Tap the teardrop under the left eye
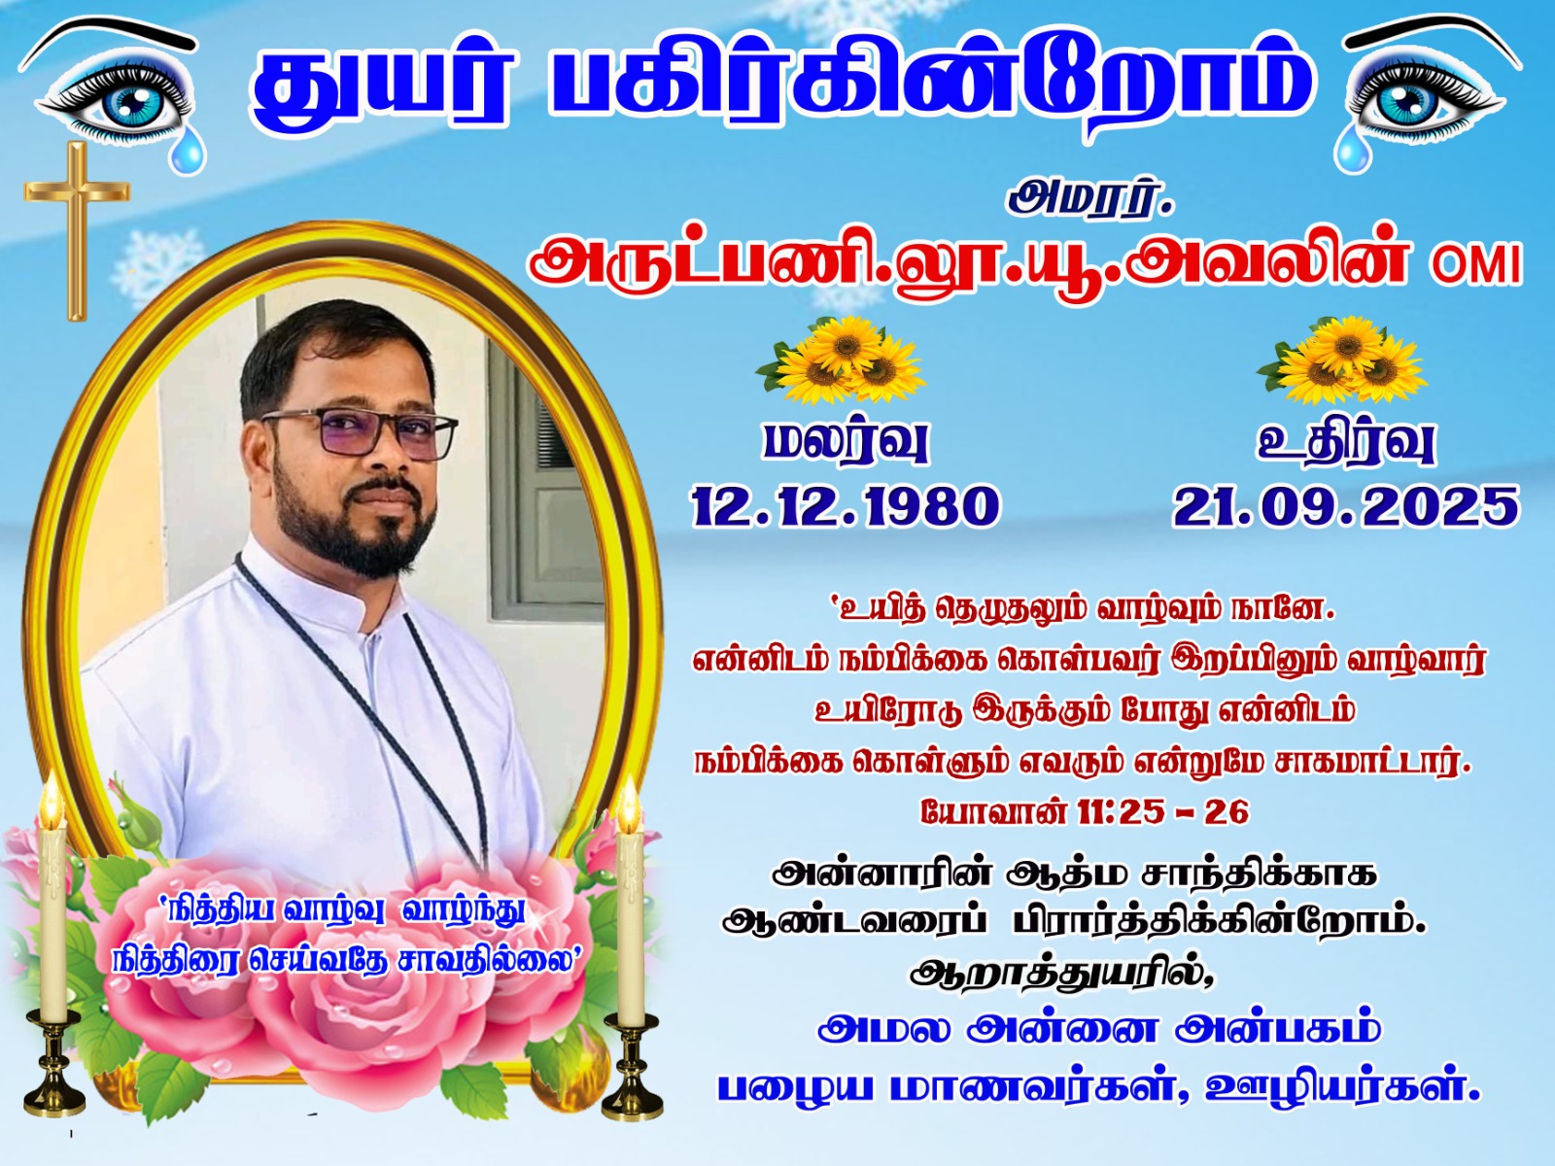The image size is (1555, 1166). point(187,153)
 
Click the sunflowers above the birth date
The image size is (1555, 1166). point(843,360)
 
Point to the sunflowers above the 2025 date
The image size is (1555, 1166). point(1342,360)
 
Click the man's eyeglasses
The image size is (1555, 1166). point(360,431)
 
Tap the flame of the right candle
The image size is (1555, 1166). point(628,804)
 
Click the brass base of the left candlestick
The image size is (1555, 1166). point(54,1062)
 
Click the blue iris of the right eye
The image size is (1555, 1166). point(1407,106)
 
